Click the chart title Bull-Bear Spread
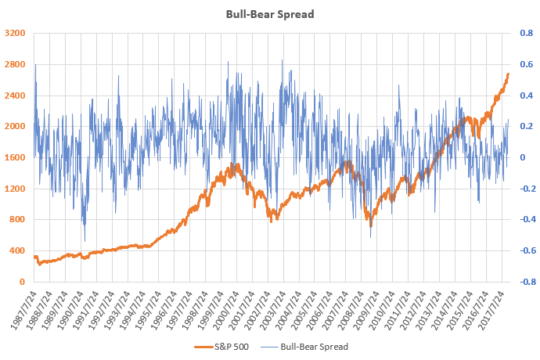[x=270, y=14]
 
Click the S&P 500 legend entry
[x=221, y=347]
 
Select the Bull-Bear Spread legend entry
[x=304, y=347]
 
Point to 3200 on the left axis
[x=15, y=33]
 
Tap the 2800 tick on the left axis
[x=15, y=64]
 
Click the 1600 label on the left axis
[x=15, y=157]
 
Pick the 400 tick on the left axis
[x=17, y=250]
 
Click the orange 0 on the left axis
[x=23, y=282]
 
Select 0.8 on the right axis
[x=527, y=33]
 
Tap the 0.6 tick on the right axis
[x=527, y=64]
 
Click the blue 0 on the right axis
[x=523, y=157]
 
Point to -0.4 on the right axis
[x=527, y=219]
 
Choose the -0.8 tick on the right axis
[x=527, y=282]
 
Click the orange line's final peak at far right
[x=509, y=74]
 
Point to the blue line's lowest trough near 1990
[x=85, y=241]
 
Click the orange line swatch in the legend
[x=203, y=347]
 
